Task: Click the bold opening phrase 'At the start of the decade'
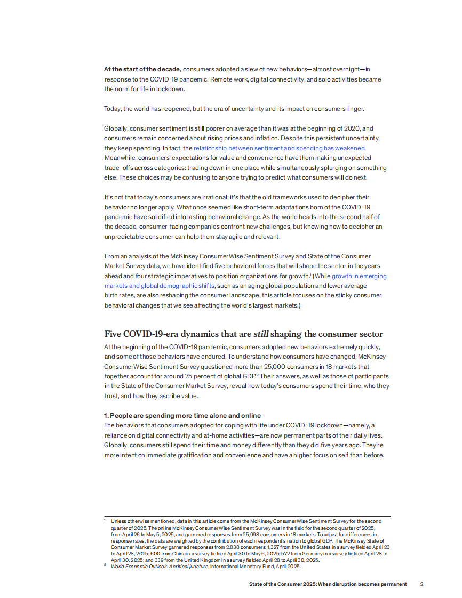point(143,69)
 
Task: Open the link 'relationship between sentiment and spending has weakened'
point(279,148)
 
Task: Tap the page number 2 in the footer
point(421,584)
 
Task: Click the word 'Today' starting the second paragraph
point(113,109)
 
